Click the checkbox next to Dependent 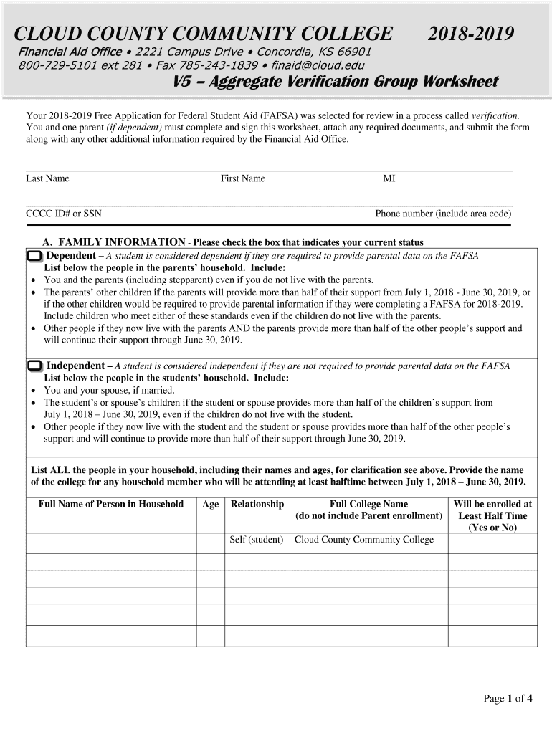[34, 257]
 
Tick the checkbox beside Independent [34, 366]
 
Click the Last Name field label [47, 178]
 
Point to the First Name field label [242, 178]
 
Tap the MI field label [389, 178]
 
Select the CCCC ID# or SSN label [64, 214]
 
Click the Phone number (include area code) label [443, 214]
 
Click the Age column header [210, 505]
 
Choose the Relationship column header [257, 505]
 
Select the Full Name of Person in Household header [111, 505]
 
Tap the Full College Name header [368, 505]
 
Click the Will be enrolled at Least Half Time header [492, 515]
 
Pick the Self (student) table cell [257, 540]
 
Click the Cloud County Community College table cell [364, 540]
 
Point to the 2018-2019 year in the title [471, 34]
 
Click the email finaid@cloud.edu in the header [318, 65]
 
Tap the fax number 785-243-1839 [217, 65]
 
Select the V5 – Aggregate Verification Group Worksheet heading [336, 82]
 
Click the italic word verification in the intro [495, 115]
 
